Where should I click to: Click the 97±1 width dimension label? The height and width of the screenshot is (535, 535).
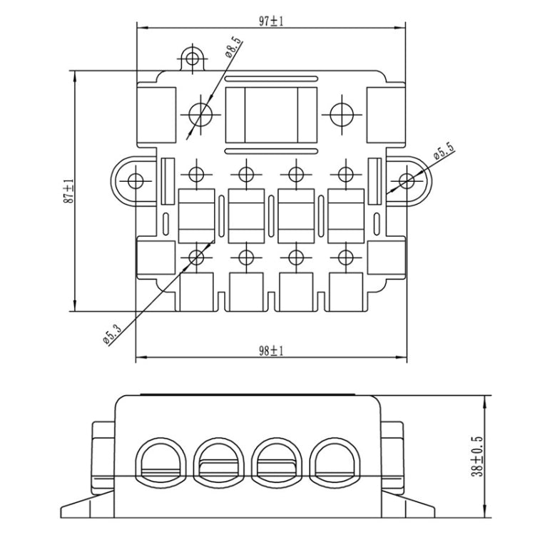pyautogui.click(x=272, y=21)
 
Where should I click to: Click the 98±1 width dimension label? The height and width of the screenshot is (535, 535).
pyautogui.click(x=271, y=350)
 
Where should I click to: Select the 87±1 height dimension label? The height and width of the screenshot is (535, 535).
pyautogui.click(x=68, y=191)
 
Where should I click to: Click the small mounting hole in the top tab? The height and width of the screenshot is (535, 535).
pyautogui.click(x=190, y=58)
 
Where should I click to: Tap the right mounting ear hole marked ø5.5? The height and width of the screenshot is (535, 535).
pyautogui.click(x=406, y=178)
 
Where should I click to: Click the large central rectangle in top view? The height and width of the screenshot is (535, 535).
pyautogui.click(x=271, y=116)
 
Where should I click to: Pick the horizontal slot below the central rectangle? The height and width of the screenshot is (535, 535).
pyautogui.click(x=271, y=151)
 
